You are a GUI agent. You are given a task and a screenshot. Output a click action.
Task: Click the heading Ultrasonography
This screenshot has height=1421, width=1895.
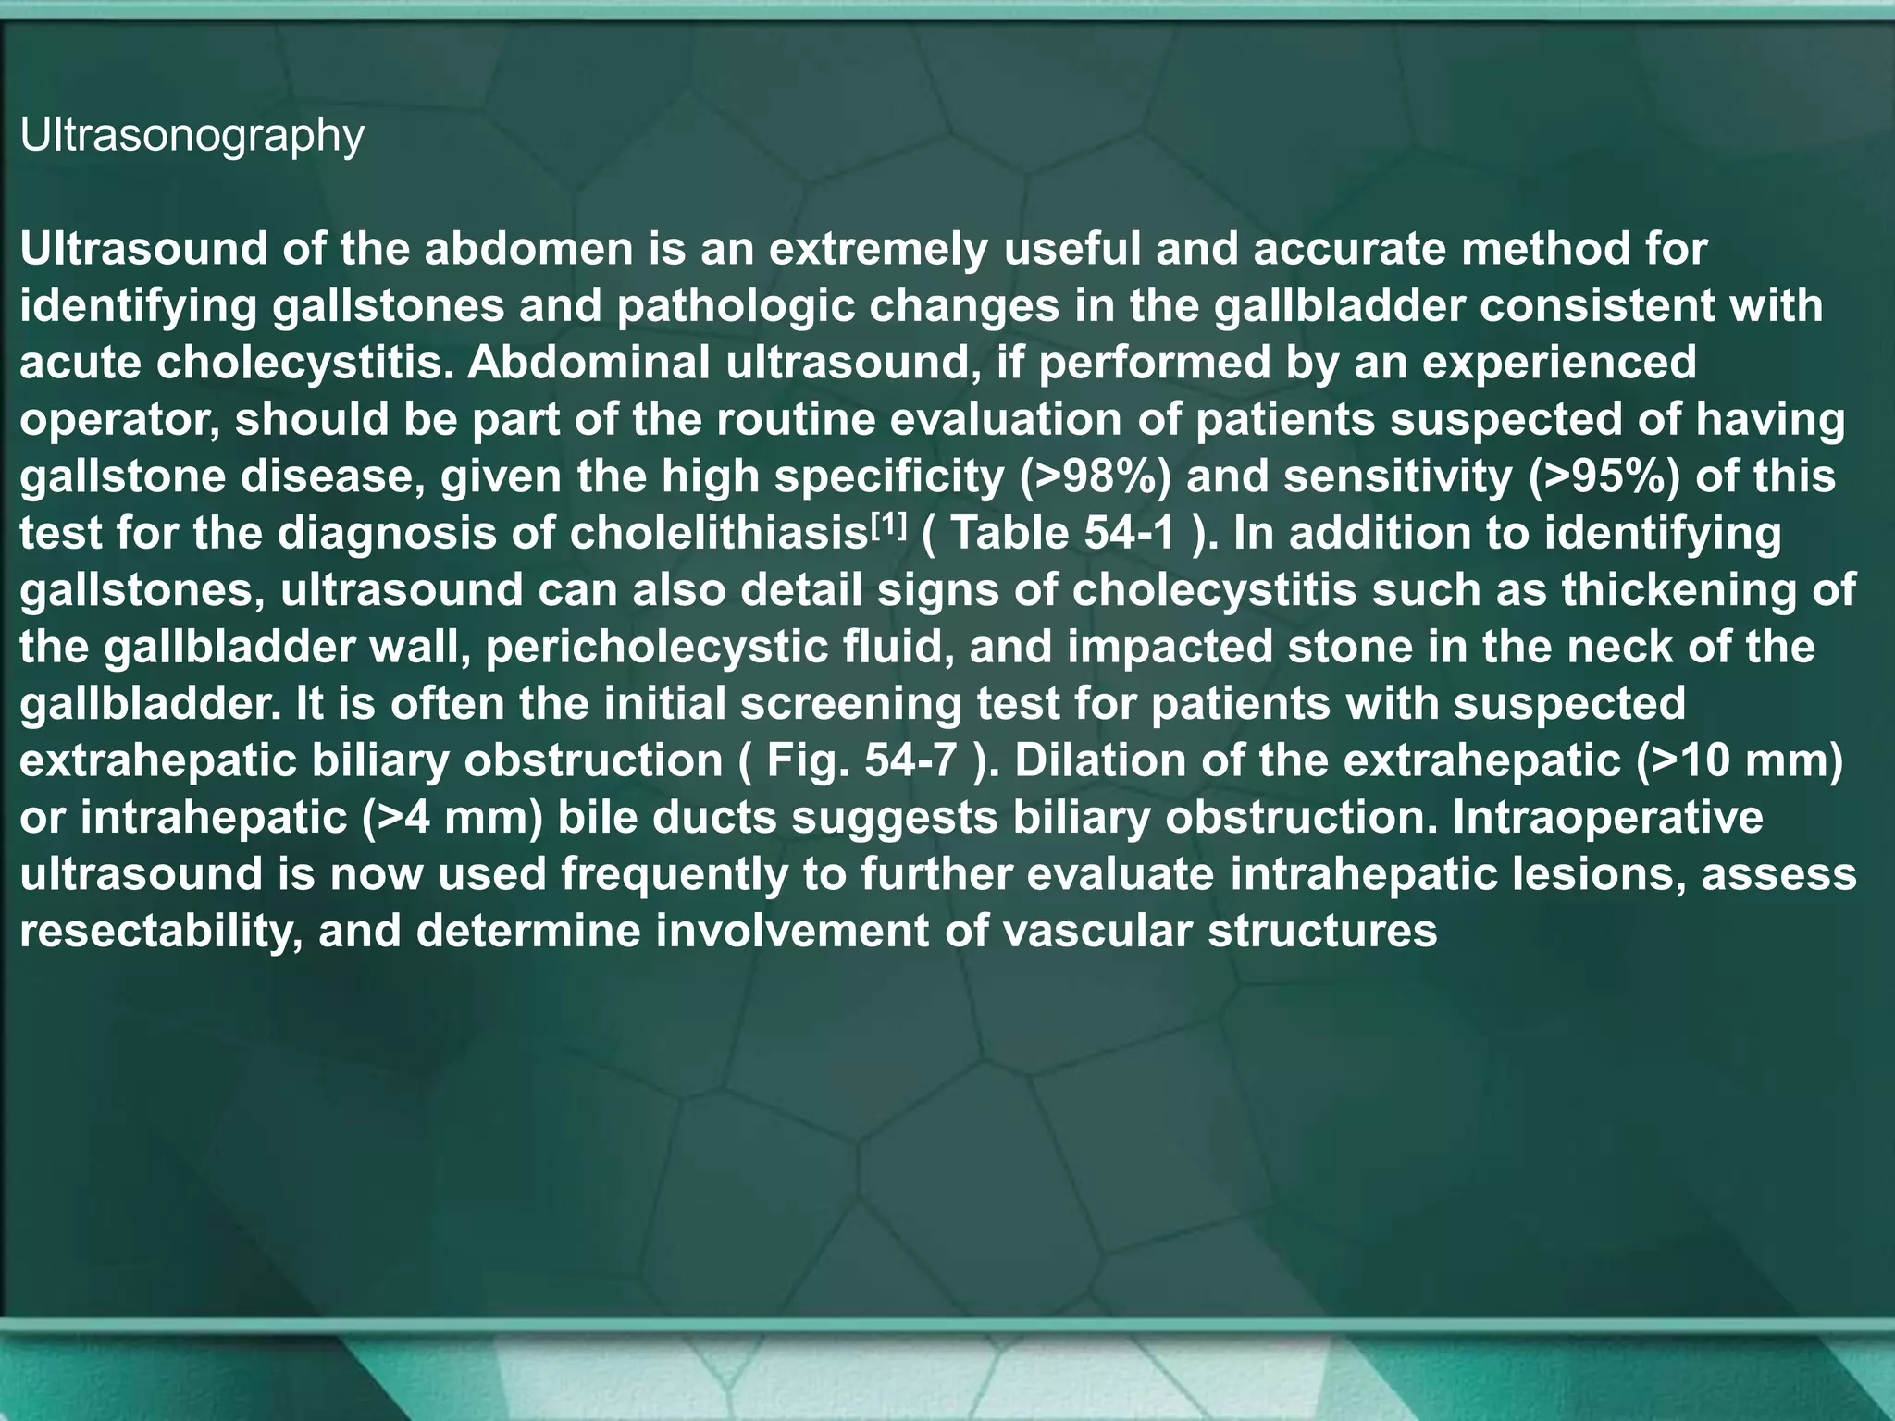coord(192,137)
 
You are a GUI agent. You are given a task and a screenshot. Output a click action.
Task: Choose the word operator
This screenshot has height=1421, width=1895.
coord(119,420)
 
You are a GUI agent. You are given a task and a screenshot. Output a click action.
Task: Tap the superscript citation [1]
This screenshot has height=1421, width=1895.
coord(888,525)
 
